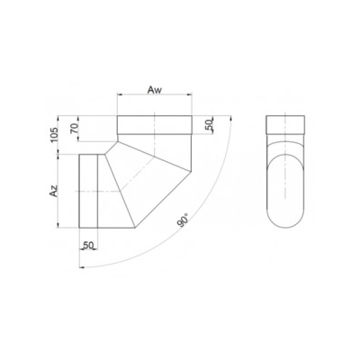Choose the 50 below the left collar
pos(88,243)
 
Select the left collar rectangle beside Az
pos(89,192)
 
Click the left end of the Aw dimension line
pos(118,99)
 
